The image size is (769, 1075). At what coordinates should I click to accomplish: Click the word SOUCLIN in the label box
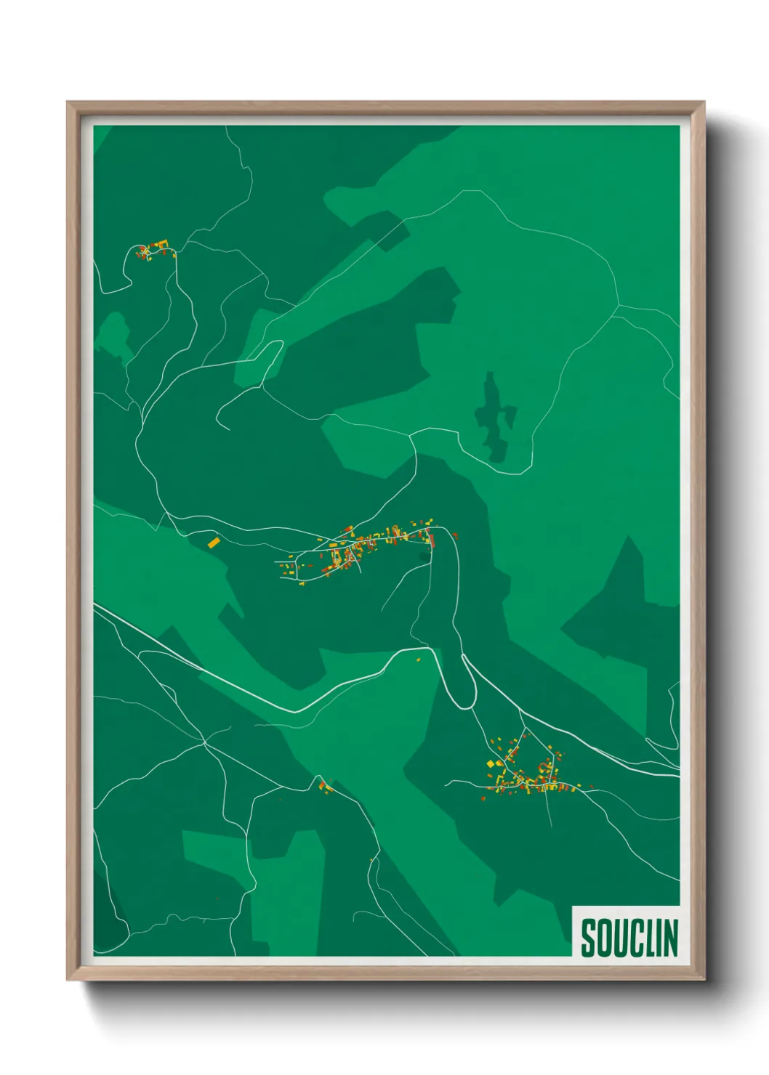tap(629, 937)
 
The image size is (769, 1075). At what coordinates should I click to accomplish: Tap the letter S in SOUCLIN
tap(588, 937)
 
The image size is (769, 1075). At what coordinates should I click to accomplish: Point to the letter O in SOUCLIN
tap(604, 937)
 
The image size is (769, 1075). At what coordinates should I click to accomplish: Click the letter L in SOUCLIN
tap(649, 937)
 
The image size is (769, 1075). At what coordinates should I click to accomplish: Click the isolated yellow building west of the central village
tap(214, 542)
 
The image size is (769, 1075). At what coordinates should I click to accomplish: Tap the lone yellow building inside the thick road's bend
tap(418, 660)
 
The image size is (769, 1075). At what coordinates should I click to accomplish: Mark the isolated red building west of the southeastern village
tap(483, 799)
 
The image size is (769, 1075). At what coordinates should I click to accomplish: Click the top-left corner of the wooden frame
tap(68, 102)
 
